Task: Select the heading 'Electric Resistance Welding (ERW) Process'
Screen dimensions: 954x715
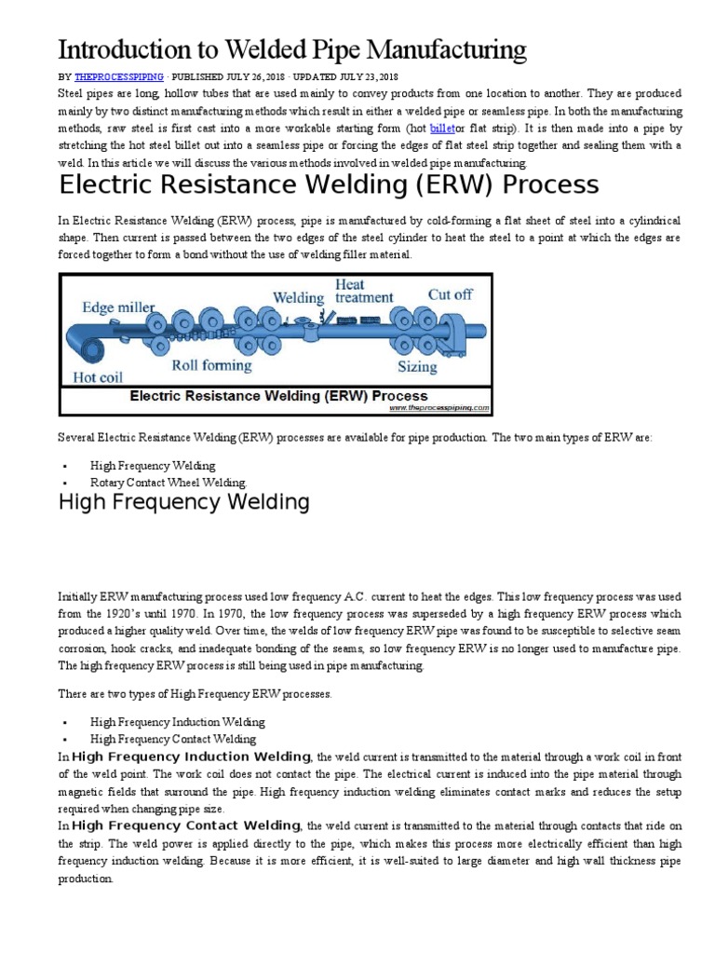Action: [329, 184]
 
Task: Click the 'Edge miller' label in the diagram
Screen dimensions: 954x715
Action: [119, 307]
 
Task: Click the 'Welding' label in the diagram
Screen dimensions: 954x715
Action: [298, 298]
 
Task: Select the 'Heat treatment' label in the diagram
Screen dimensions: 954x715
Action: [365, 292]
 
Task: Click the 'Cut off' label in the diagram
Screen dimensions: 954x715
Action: [450, 294]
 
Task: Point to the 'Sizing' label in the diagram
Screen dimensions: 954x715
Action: [418, 366]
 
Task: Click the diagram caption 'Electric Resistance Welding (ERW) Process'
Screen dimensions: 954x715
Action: [285, 394]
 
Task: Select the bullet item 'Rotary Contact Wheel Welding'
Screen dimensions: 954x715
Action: [169, 483]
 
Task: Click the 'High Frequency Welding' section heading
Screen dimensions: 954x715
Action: [184, 503]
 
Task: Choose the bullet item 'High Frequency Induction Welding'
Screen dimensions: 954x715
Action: [177, 722]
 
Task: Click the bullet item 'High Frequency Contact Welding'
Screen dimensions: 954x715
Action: [173, 739]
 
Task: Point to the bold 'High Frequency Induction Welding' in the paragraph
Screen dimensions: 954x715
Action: [192, 756]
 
